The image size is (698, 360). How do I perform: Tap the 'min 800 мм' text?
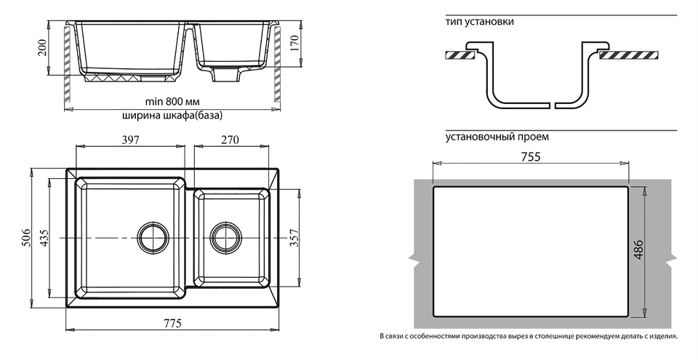point(172,101)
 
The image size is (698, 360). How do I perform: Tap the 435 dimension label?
point(43,239)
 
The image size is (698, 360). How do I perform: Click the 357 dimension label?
point(294,238)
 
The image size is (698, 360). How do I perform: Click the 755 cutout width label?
point(530,158)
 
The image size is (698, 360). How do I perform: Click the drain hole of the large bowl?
point(153,237)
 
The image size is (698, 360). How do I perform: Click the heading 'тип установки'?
point(480,22)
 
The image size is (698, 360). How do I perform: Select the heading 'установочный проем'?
point(497,136)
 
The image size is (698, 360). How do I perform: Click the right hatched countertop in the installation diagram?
point(629,54)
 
